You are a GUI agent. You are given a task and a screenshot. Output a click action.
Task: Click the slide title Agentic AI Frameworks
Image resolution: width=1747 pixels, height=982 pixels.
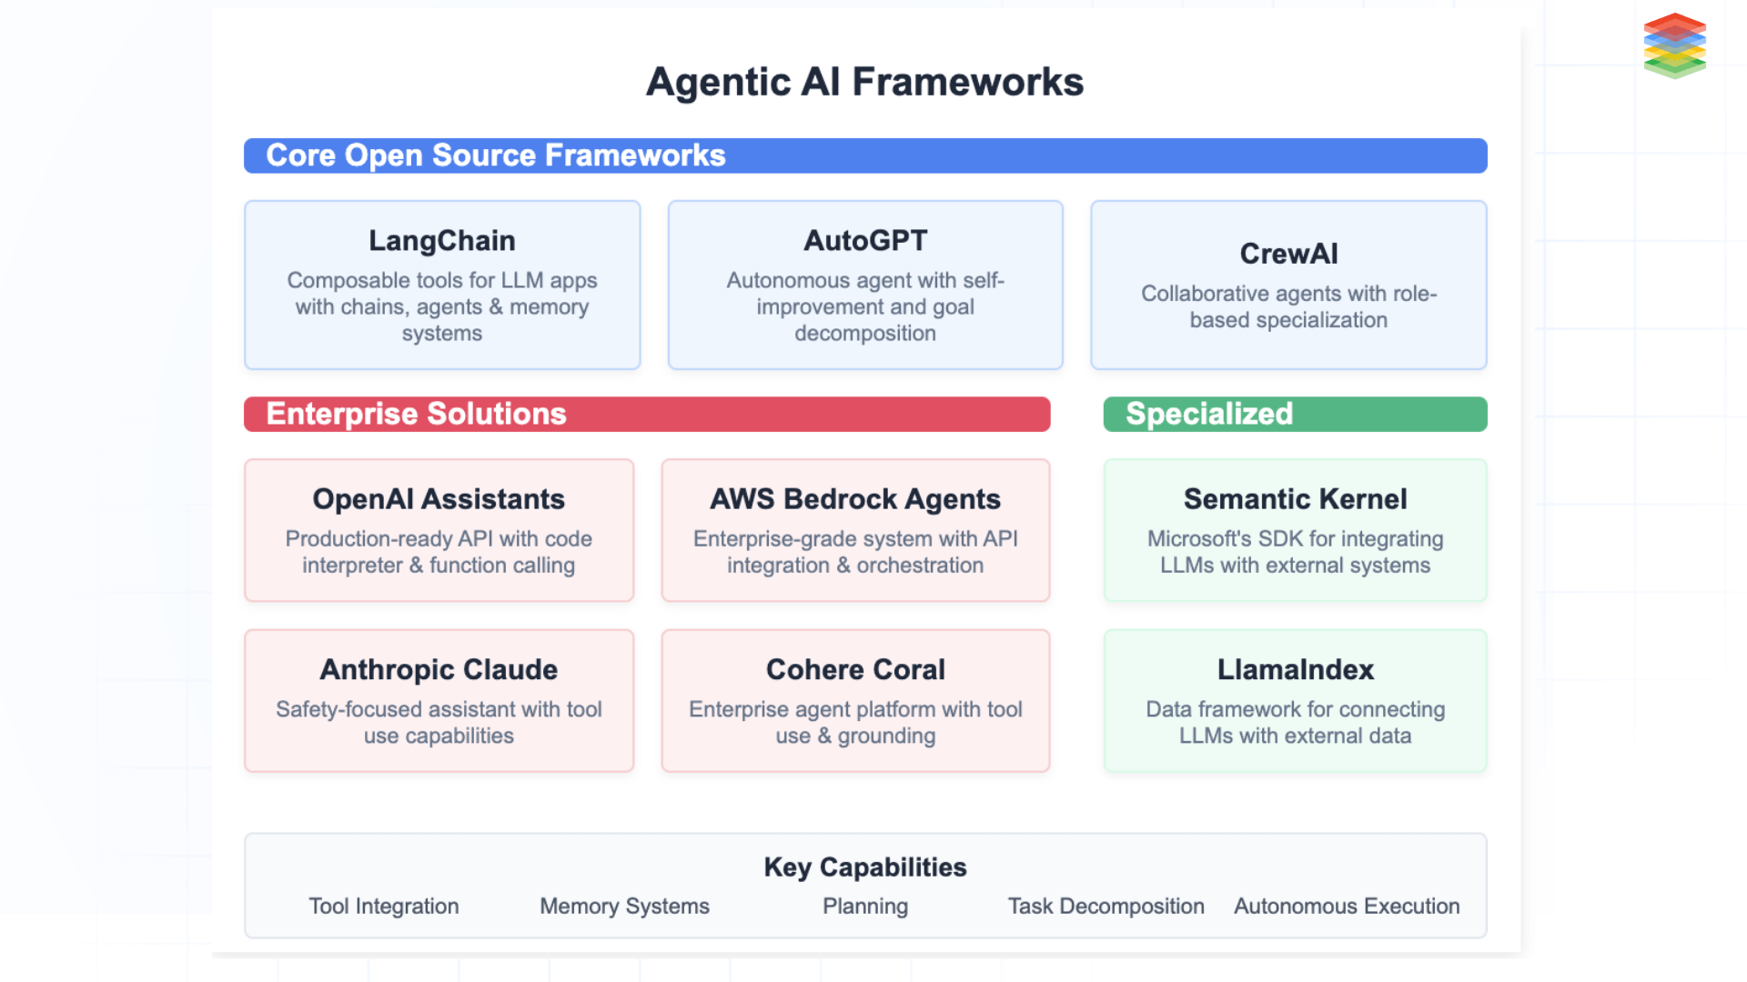[864, 82]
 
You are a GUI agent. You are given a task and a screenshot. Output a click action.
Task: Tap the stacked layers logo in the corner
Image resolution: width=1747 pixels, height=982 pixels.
[1674, 45]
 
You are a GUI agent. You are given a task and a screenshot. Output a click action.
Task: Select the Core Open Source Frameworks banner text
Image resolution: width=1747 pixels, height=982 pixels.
[496, 155]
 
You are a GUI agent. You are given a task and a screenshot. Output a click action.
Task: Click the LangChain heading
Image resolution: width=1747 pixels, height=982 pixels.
[442, 240]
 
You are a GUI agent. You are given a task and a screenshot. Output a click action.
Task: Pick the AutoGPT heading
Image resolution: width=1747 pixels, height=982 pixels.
[865, 240]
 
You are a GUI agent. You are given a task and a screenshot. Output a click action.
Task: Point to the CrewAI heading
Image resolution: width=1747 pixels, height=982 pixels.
[1288, 254]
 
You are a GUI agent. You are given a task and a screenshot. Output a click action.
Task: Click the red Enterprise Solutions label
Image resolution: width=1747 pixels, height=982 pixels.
[416, 414]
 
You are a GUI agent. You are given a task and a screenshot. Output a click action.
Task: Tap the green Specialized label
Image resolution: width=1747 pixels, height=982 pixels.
[1208, 414]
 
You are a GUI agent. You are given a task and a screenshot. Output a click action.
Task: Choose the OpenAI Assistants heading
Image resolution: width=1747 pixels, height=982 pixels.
[439, 498]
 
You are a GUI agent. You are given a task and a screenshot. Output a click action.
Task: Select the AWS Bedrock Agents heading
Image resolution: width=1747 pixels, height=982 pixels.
[855, 498]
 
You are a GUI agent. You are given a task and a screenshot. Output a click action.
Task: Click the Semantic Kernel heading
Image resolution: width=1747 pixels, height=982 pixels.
[1295, 498]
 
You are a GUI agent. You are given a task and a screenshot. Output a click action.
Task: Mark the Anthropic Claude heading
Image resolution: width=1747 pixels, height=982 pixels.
[439, 669]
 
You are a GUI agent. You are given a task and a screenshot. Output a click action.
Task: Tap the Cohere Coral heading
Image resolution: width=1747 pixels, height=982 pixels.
[855, 669]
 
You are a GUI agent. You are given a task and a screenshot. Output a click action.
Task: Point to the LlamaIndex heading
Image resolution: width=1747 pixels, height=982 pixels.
[1295, 669]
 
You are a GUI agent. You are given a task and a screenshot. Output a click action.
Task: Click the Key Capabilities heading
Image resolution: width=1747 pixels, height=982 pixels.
[864, 867]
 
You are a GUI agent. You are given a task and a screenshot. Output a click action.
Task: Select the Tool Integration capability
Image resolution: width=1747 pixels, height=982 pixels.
[383, 906]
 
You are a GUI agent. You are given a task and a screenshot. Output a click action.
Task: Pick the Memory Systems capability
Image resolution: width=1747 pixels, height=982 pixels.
[624, 906]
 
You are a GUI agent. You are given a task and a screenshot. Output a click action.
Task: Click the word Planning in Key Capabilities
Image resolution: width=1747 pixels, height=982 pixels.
[864, 906]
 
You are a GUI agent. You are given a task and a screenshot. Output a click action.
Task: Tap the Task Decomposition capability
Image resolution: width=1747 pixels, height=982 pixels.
[1106, 906]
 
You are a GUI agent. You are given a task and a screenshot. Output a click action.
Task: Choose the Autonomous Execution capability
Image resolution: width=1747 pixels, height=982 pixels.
[1347, 906]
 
